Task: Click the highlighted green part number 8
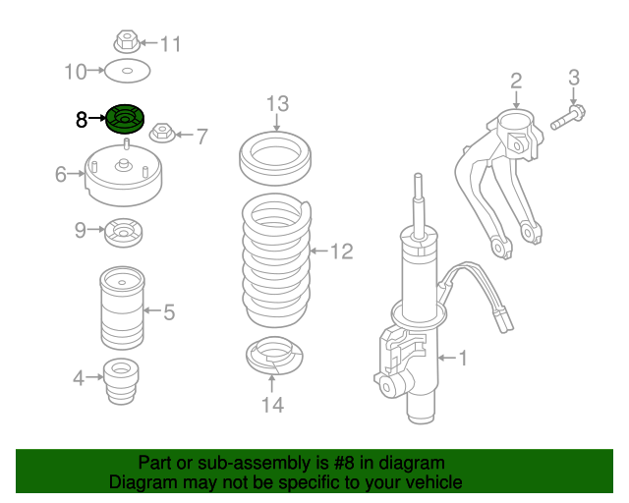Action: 124,120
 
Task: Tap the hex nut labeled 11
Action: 124,42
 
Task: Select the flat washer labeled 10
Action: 126,71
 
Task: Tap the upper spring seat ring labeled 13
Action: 276,157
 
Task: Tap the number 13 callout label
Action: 277,103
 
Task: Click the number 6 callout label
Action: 61,175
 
